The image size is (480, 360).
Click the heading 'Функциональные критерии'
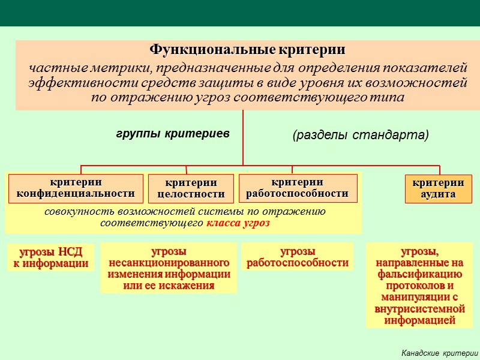[247, 49]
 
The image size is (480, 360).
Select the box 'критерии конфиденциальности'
[76, 188]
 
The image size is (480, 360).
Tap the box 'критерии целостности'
[191, 188]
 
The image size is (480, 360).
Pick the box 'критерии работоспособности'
[298, 188]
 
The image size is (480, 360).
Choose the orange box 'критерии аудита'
[438, 189]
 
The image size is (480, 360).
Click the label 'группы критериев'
[173, 134]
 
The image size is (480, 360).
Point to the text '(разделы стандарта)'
[361, 135]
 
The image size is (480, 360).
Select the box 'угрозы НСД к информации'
[50, 257]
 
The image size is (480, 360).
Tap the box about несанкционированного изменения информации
[169, 268]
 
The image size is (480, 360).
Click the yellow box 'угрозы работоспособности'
[298, 257]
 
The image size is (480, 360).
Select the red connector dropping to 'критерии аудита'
[440, 170]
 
